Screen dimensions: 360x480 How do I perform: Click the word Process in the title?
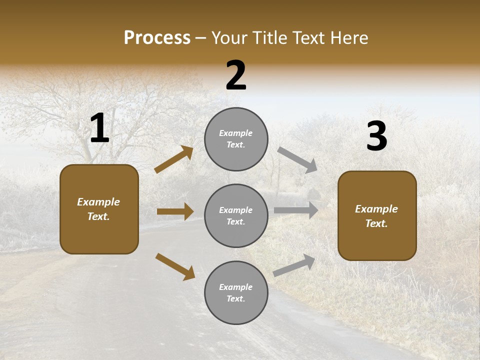157,38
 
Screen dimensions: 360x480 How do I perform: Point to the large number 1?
99,128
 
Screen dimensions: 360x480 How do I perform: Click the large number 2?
236,75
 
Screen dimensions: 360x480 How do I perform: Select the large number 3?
376,136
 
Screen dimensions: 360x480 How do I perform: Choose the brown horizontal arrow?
175,211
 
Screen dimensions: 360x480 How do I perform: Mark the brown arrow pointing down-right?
175,266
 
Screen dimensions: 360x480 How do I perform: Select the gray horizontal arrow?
296,210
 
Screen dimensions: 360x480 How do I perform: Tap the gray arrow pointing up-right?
294,265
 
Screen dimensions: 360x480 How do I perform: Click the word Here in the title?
348,38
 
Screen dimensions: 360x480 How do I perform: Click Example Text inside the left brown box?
98,209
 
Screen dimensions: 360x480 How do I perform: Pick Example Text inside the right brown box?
376,216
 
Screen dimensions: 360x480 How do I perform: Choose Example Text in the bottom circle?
236,293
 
